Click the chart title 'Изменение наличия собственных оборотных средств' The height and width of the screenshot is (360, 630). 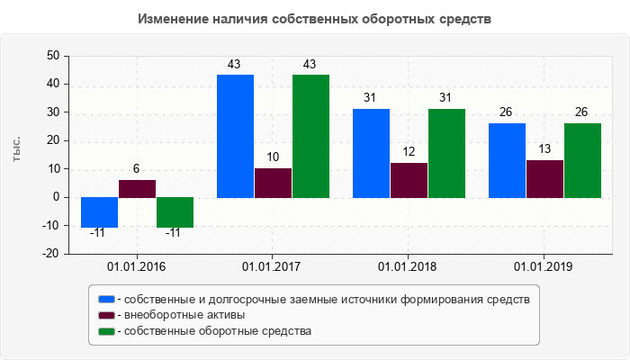point(315,19)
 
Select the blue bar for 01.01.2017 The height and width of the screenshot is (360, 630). point(235,136)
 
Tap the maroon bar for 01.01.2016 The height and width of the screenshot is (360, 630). point(137,188)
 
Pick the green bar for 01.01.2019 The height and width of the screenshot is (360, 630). point(581,160)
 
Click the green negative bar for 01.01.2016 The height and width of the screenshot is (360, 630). point(175,212)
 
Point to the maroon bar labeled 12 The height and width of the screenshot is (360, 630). point(409,180)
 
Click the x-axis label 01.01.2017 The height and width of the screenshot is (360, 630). point(272,267)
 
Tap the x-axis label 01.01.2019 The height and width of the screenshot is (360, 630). point(543,267)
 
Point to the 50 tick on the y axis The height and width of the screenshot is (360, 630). point(52,56)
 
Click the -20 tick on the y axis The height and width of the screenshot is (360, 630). point(50,254)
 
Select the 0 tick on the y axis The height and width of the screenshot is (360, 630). point(56,197)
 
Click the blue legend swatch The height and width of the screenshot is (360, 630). point(106,299)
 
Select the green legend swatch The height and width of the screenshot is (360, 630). point(106,331)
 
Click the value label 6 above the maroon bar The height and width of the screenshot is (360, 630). point(136,169)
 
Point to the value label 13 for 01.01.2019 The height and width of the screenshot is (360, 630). point(544,148)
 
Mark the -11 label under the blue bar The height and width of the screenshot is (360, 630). point(98,233)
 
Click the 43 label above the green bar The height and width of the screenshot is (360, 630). point(310,64)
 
